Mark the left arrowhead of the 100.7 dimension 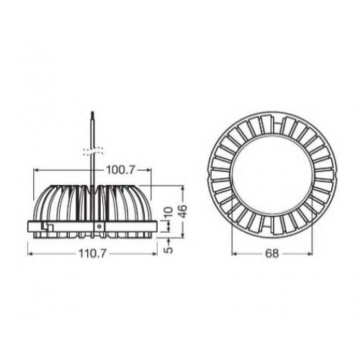(x=36, y=170)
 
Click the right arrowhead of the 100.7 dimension (x=149, y=170)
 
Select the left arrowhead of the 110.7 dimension (x=30, y=253)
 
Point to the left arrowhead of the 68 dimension (x=233, y=253)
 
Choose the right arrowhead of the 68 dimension (x=312, y=253)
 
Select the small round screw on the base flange (x=99, y=224)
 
